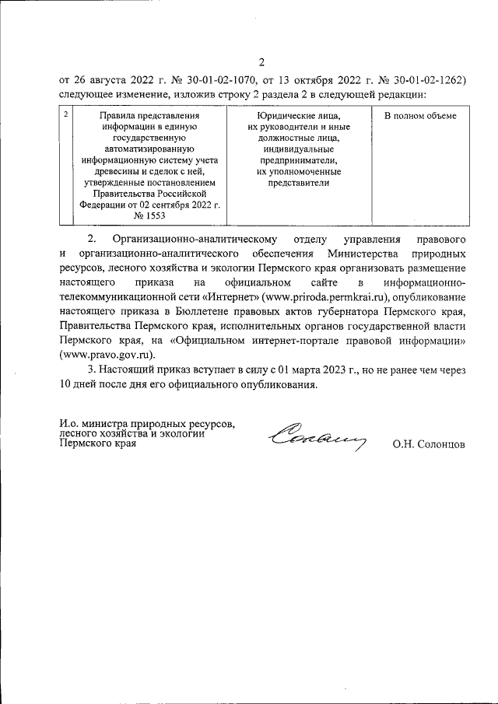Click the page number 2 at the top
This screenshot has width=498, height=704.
point(261,63)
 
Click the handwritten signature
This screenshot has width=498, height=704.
point(316,440)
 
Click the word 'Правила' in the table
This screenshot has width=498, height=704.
point(120,116)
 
